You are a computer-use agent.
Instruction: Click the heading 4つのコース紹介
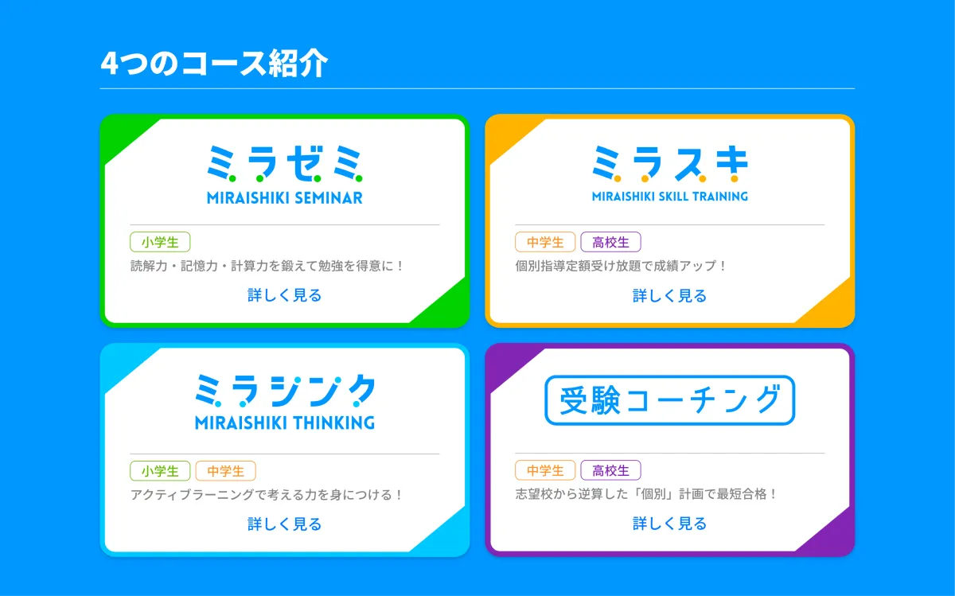tap(214, 64)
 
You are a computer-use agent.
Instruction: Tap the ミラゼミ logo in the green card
tap(285, 163)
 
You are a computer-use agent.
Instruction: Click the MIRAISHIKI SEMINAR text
tap(285, 198)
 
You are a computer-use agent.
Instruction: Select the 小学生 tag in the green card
tap(160, 242)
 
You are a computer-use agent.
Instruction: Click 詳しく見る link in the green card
tap(285, 295)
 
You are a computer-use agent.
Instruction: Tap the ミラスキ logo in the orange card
tap(670, 163)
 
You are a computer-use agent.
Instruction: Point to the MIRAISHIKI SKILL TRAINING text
tap(670, 196)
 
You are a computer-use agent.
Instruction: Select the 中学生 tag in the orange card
tap(545, 242)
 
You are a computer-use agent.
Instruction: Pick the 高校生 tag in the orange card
tap(610, 242)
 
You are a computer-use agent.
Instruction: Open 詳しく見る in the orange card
tap(670, 295)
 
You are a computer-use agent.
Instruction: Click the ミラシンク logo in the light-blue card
tap(285, 391)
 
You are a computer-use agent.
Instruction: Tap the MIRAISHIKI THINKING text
tap(285, 423)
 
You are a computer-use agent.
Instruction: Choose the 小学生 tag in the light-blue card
tap(160, 471)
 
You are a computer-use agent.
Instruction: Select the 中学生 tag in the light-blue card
tap(225, 471)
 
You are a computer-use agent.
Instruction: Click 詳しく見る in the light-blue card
tap(285, 524)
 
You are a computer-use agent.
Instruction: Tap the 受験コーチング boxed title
tap(670, 400)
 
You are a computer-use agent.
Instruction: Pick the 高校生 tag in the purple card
tap(610, 470)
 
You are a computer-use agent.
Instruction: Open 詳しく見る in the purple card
tap(670, 523)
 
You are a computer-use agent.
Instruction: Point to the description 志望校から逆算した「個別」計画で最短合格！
tap(646, 494)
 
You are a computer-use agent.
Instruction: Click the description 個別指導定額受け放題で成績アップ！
tap(620, 266)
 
